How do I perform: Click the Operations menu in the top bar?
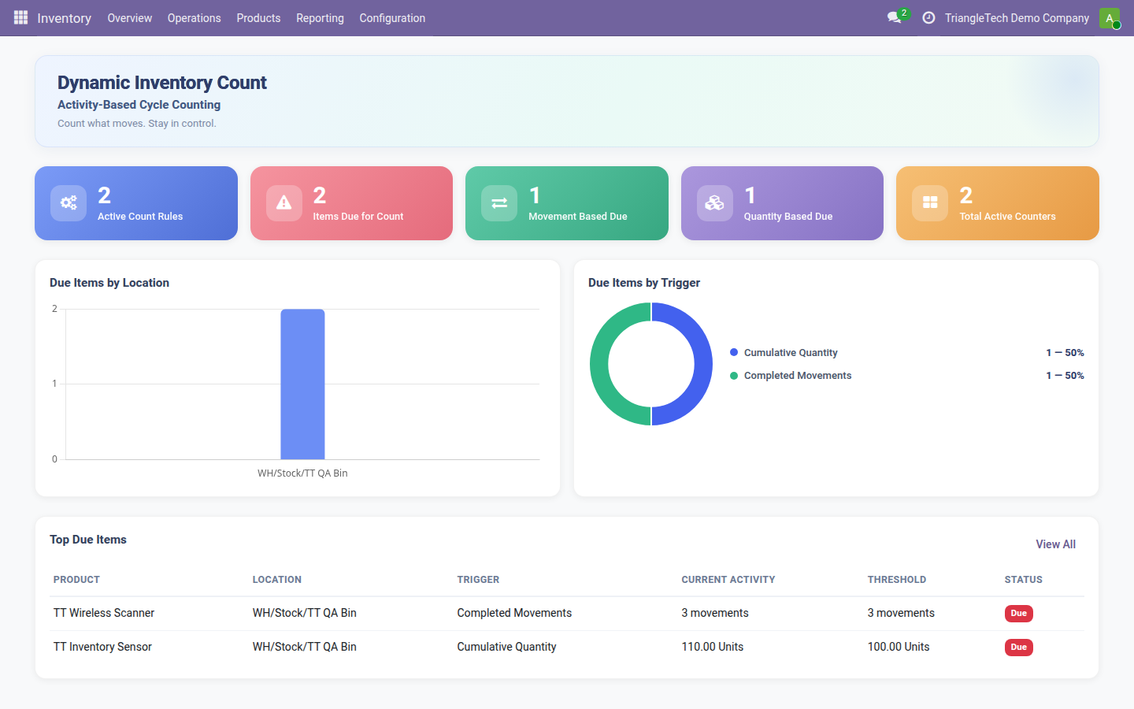coord(194,18)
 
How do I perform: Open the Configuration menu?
coord(392,18)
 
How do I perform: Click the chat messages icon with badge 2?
coord(895,17)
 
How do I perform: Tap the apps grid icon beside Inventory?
coord(20,17)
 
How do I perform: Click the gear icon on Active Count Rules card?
coord(69,203)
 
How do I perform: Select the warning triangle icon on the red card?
coord(284,203)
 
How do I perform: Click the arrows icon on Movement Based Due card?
coord(499,203)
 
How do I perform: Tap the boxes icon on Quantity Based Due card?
coord(714,203)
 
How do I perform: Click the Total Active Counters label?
coord(1007,216)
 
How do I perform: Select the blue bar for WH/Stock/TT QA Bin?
coord(302,384)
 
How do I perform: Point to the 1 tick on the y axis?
coord(54,384)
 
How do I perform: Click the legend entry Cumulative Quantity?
coord(791,352)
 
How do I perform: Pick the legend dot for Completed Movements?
coord(734,376)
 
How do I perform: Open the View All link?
coord(1055,544)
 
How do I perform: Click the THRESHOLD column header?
coord(896,579)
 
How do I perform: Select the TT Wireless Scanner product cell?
coord(104,613)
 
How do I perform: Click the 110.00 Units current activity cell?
coord(712,647)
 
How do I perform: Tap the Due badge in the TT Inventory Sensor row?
coord(1018,648)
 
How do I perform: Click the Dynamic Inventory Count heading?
coord(162,83)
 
